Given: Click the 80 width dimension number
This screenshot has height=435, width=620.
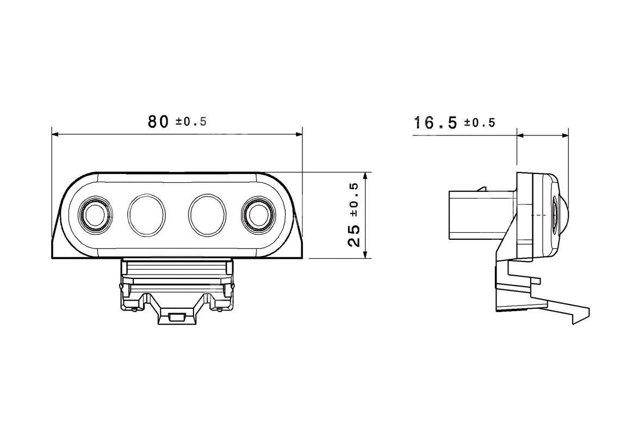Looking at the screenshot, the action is point(158,121).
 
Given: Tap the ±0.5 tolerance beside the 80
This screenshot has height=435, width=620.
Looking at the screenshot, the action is point(191,121).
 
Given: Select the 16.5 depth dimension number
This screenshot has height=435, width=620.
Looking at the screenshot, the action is point(435,122).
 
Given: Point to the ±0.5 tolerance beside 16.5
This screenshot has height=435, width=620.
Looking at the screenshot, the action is point(480,122).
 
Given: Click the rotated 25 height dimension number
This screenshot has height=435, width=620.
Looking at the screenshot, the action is point(354,237).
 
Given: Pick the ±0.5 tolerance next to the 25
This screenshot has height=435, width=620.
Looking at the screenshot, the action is point(354,200).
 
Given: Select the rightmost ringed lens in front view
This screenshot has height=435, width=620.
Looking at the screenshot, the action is point(258,215).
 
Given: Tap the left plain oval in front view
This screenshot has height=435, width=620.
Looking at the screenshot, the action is point(146,215).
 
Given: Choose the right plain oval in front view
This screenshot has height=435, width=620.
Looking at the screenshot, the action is point(207,215).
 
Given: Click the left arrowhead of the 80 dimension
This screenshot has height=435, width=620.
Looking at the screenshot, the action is point(55,134).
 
